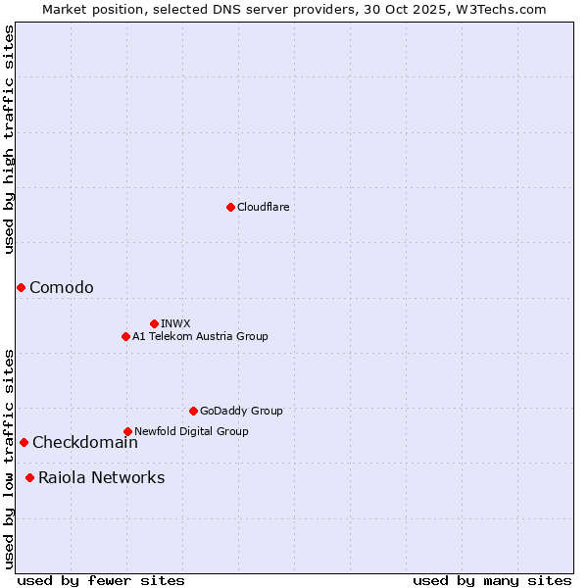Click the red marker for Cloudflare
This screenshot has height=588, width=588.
pyautogui.click(x=230, y=207)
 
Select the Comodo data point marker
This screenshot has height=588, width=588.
pyautogui.click(x=21, y=287)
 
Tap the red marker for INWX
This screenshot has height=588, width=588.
pyautogui.click(x=154, y=323)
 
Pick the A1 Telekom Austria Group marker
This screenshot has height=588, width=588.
pyautogui.click(x=125, y=336)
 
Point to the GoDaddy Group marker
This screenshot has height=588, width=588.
pyautogui.click(x=193, y=411)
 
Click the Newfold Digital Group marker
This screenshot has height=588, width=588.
pyautogui.click(x=127, y=431)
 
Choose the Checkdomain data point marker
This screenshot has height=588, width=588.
pyautogui.click(x=24, y=442)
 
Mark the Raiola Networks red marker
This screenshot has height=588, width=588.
pyautogui.click(x=29, y=477)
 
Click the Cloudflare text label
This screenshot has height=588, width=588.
pyautogui.click(x=263, y=207)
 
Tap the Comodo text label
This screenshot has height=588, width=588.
pyautogui.click(x=62, y=287)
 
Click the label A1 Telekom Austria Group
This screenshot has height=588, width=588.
pyautogui.click(x=200, y=336)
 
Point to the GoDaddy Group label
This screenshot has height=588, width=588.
pyautogui.click(x=241, y=411)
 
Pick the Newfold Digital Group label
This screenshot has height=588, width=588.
pyautogui.click(x=191, y=431)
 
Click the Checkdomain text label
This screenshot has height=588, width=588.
pyautogui.click(x=85, y=442)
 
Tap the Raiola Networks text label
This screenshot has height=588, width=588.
pyautogui.click(x=102, y=477)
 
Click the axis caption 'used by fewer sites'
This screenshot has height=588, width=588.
pyautogui.click(x=101, y=580)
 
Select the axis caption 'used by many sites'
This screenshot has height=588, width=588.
pyautogui.click(x=492, y=580)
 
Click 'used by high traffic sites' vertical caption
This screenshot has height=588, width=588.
pyautogui.click(x=9, y=140)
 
